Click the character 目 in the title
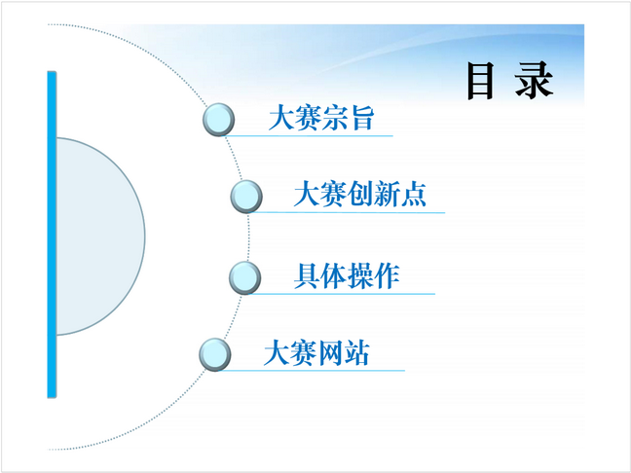[x=480, y=81]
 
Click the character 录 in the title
[x=534, y=81]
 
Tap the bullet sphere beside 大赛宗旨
[x=218, y=120]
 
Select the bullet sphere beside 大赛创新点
[x=246, y=197]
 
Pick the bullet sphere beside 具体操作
[x=245, y=277]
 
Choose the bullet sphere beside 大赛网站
[x=215, y=354]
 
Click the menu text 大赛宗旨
[x=321, y=118]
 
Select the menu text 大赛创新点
[x=360, y=194]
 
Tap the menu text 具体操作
[x=347, y=275]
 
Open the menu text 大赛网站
[x=316, y=352]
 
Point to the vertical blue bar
[x=52, y=235]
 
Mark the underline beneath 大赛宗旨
[x=308, y=136]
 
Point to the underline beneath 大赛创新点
[x=348, y=212]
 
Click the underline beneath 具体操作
[x=342, y=294]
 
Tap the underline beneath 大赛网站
[x=312, y=371]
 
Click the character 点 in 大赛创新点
[x=413, y=194]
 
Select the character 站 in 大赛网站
[x=356, y=352]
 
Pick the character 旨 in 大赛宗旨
[x=362, y=118]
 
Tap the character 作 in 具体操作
[x=387, y=275]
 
